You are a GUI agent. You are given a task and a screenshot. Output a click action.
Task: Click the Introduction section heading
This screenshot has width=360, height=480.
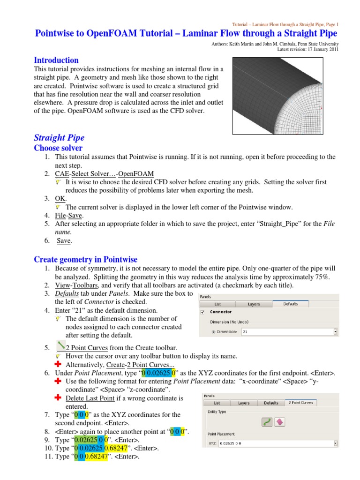tap(56, 60)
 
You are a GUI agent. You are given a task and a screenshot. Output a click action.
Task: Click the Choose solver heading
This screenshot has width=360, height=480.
tap(58, 148)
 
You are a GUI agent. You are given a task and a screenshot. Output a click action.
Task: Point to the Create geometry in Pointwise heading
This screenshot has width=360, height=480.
tap(85, 259)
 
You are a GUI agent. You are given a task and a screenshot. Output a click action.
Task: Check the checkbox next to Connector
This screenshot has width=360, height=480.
tap(202, 312)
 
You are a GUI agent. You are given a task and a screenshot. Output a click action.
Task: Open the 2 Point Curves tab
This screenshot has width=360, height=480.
tap(300, 403)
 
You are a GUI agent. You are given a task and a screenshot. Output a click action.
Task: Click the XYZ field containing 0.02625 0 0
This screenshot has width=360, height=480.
tap(270, 443)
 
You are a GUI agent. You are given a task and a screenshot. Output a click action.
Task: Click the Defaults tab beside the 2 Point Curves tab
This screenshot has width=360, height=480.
tap(271, 403)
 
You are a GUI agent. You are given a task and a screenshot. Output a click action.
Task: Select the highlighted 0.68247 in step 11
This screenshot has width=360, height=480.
tap(97, 457)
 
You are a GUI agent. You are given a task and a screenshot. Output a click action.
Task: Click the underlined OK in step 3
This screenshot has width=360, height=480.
tap(60, 198)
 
